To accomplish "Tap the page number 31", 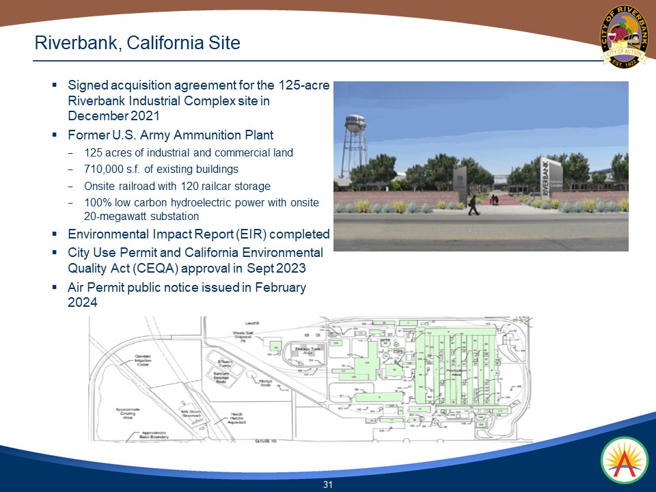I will pyautogui.click(x=327, y=484).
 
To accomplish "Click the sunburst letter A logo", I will pyautogui.click(x=623, y=459).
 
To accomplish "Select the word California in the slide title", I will pyautogui.click(x=164, y=43).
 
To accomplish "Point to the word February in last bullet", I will pyautogui.click(x=280, y=288).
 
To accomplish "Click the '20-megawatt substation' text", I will pyautogui.click(x=141, y=216).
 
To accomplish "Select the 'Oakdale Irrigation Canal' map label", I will pyautogui.click(x=142, y=359).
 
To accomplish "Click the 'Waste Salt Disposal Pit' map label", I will pyautogui.click(x=243, y=337).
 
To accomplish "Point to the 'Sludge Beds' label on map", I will pyautogui.click(x=265, y=384).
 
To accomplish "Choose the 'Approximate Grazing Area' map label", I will pyautogui.click(x=128, y=413).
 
